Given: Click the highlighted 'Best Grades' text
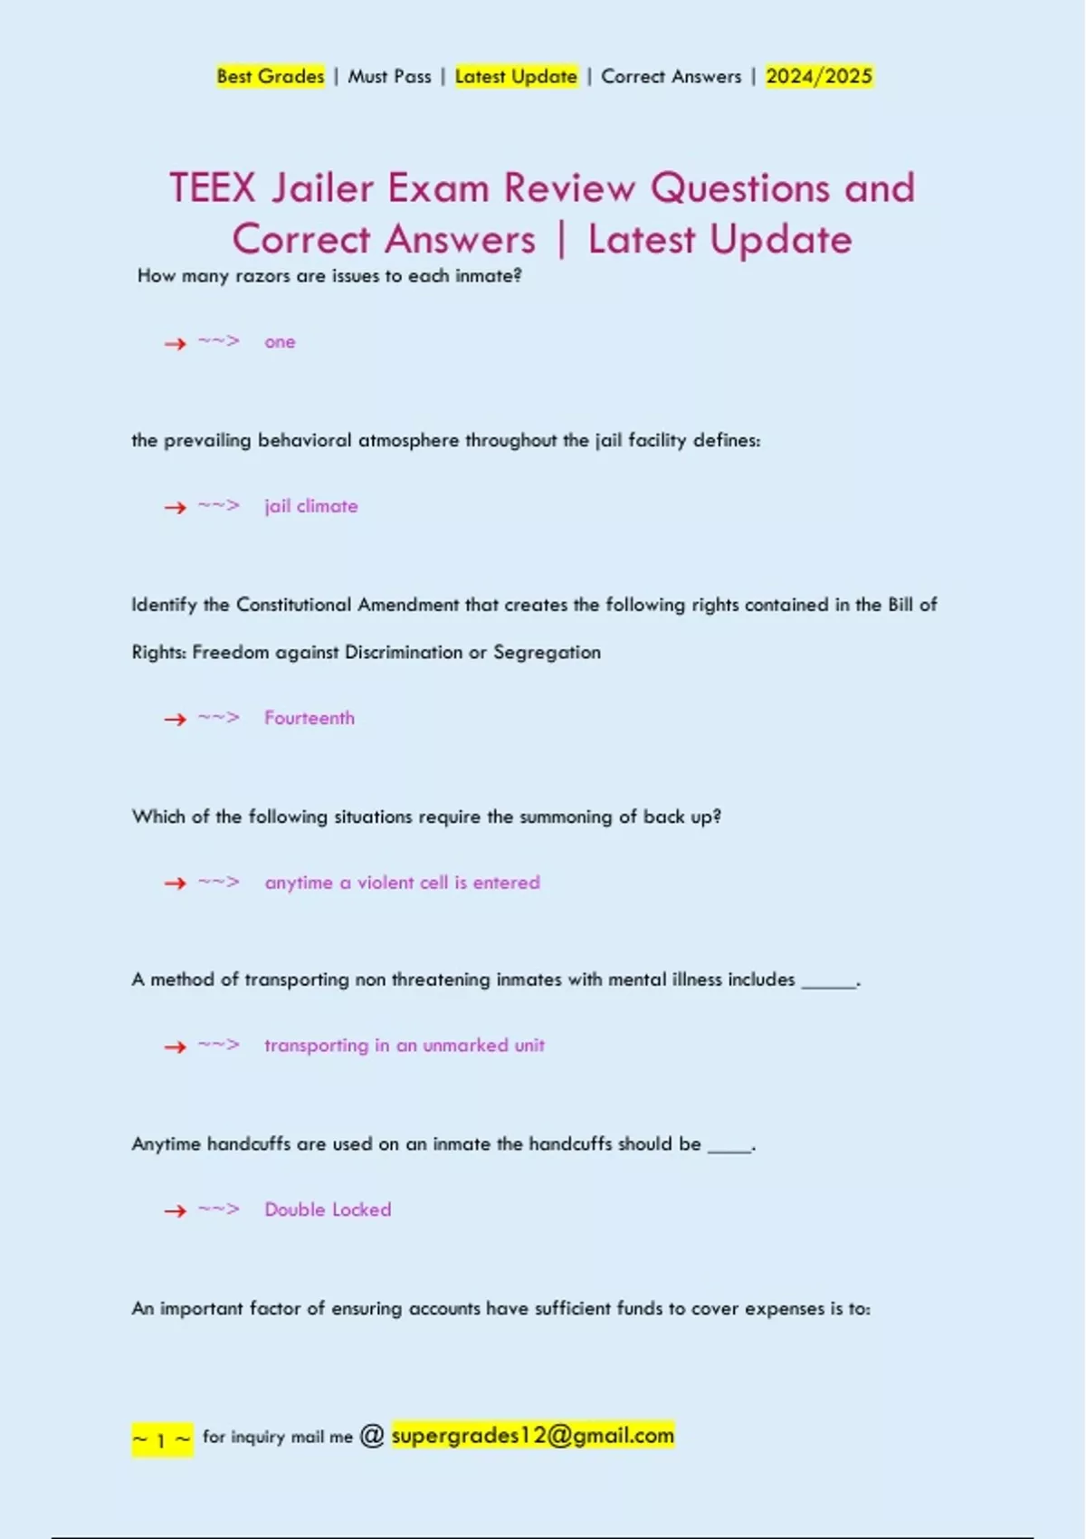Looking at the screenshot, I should pos(270,77).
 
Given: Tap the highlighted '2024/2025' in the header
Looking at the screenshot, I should pos(819,77).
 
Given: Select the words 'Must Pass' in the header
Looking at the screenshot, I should pos(389,77).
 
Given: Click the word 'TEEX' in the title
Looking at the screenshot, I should pos(213,188).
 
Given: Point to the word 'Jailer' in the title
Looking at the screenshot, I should pos(323,188).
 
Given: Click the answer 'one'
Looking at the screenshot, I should pos(280,342).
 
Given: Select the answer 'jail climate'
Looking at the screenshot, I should pos(311,506).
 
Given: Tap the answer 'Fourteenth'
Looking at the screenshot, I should pos(310,718).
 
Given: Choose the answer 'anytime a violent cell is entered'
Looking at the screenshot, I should pos(402,883).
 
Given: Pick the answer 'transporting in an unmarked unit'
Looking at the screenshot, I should pos(405,1046).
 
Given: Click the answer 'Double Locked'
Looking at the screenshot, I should pos(328,1209).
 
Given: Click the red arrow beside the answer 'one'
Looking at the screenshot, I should pos(175,343).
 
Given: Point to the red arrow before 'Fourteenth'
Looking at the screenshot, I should pos(175,720).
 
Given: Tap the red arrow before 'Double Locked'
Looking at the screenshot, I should pos(175,1211).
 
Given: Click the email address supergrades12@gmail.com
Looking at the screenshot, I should pos(533,1435).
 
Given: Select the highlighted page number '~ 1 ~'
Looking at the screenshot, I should pos(162,1439).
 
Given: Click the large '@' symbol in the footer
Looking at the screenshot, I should pos(372,1435).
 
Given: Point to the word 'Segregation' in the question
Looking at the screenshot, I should pos(547,653).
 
